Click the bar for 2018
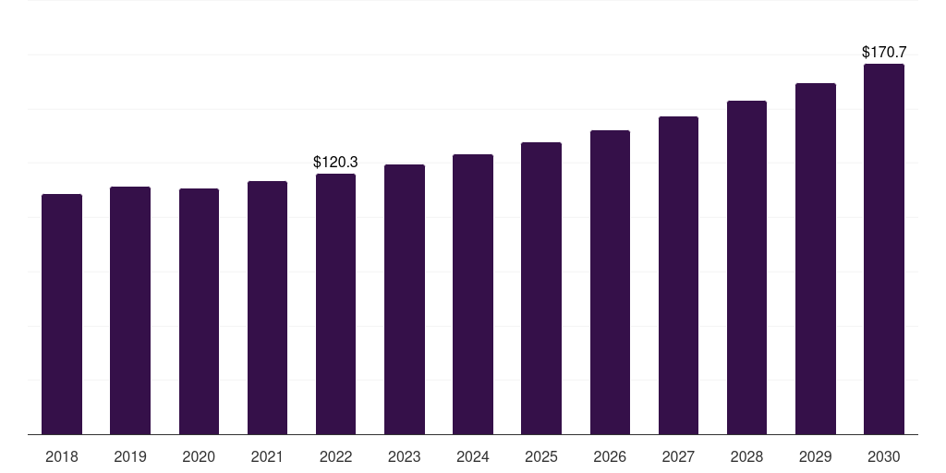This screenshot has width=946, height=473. (62, 314)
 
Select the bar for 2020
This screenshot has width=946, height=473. (199, 311)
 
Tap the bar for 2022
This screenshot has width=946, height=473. (335, 304)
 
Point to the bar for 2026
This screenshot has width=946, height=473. (610, 282)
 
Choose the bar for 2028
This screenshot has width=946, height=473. (746, 267)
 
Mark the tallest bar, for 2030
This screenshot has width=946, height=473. (884, 249)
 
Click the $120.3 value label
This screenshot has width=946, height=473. (335, 163)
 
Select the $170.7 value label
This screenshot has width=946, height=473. (884, 53)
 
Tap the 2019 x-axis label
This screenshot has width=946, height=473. (130, 456)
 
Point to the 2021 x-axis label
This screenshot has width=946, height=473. (267, 456)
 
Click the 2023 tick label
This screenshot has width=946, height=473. (405, 456)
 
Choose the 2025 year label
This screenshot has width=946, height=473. (541, 456)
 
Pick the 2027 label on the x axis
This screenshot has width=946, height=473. (678, 456)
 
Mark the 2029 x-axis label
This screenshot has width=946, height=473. (816, 456)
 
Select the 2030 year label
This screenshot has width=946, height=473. (884, 456)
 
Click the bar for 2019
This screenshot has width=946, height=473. (130, 310)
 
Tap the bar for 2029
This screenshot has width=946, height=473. (816, 259)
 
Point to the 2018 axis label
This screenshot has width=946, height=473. (62, 456)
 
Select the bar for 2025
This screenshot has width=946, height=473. (541, 288)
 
